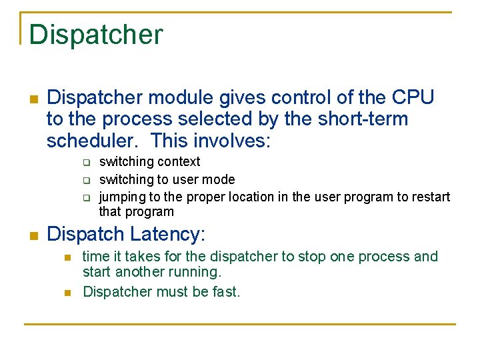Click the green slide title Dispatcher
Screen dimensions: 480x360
(x=96, y=35)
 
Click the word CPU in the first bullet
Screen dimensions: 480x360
(x=413, y=97)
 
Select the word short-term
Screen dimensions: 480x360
(x=363, y=119)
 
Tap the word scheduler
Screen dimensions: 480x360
(x=90, y=140)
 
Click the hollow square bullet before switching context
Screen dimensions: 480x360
(x=87, y=162)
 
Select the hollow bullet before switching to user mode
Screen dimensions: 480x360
(x=87, y=180)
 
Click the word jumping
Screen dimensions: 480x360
(x=123, y=197)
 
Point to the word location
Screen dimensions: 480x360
(x=251, y=197)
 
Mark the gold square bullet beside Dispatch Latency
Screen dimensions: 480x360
(x=34, y=236)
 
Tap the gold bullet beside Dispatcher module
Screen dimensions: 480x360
(x=34, y=99)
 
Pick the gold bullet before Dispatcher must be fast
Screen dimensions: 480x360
(x=67, y=293)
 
